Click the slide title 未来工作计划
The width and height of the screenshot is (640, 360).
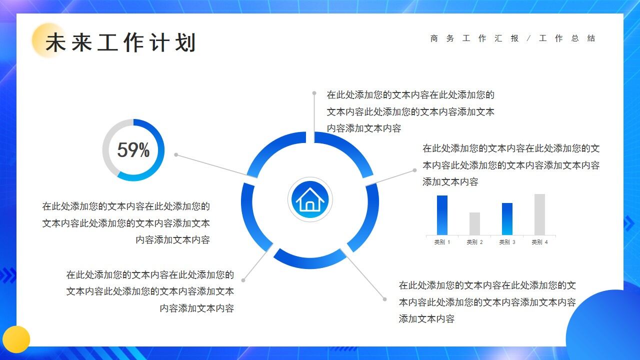point(120,43)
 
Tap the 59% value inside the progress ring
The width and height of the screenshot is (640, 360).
point(133,150)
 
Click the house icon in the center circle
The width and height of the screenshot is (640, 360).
point(310,200)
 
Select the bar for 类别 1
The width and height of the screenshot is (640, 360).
point(442,215)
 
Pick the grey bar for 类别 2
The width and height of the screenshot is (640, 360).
point(474,223)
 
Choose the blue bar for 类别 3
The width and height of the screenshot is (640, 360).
point(507,218)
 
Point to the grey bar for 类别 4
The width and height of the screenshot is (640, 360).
point(539,214)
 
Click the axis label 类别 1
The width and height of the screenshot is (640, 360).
point(442,242)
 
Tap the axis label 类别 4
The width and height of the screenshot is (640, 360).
point(539,242)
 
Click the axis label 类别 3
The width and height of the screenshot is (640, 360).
point(507,242)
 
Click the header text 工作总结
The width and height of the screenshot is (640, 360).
point(567,38)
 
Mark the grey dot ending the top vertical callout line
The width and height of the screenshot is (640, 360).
point(314,93)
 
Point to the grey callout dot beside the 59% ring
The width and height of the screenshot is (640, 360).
point(176,155)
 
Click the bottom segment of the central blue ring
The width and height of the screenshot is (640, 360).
point(309,260)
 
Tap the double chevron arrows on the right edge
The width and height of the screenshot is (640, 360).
point(629,223)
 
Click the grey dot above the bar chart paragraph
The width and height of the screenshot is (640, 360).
point(414,170)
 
